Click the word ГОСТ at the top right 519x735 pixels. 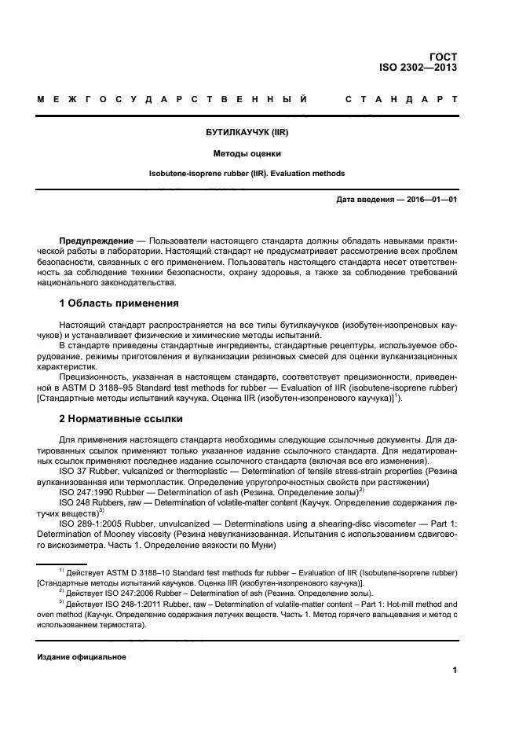coord(443,56)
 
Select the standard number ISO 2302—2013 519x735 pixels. coord(418,68)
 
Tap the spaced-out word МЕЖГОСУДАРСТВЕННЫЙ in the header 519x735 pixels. coord(171,101)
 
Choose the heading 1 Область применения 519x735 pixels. coord(119,303)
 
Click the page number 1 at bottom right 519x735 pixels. coord(455,670)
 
